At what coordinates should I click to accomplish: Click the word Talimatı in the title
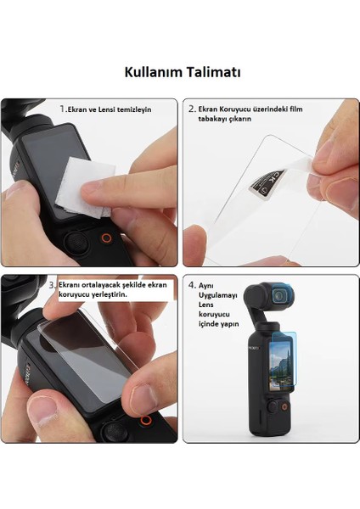211,72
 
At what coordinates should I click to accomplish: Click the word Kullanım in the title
153,72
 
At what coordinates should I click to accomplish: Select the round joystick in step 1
75,244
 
